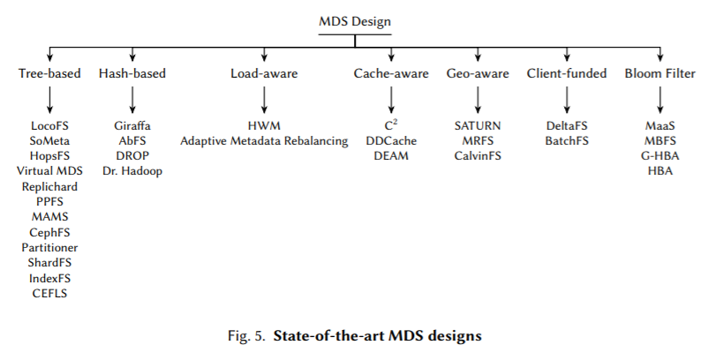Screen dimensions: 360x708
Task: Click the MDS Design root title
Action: pyautogui.click(x=354, y=20)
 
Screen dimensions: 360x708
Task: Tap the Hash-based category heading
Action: pyautogui.click(x=132, y=73)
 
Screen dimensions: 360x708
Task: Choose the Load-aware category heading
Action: pyautogui.click(x=263, y=73)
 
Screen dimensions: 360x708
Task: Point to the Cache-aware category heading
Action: pyautogui.click(x=389, y=73)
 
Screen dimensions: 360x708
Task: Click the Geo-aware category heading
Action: pyautogui.click(x=478, y=73)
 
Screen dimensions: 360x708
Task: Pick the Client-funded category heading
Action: pyautogui.click(x=567, y=73)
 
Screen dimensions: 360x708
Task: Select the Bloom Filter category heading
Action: pyautogui.click(x=660, y=73)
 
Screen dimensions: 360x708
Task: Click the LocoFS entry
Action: pyautogui.click(x=49, y=126)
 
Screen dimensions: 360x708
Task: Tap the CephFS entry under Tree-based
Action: pyautogui.click(x=49, y=232)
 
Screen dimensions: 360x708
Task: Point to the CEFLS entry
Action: pyautogui.click(x=49, y=292)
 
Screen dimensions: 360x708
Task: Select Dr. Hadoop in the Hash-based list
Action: pyautogui.click(x=132, y=171)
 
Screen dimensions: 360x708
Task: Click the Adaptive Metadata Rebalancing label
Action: pyautogui.click(x=264, y=141)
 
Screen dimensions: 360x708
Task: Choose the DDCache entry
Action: pyautogui.click(x=389, y=141)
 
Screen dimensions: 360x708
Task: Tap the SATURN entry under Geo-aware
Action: pyautogui.click(x=478, y=126)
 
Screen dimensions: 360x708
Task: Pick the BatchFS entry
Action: pyautogui.click(x=567, y=141)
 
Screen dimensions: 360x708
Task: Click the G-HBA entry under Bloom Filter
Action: pyautogui.click(x=660, y=156)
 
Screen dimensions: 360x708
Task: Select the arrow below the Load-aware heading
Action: pyautogui.click(x=263, y=97)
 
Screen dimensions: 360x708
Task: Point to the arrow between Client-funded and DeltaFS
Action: pyautogui.click(x=567, y=97)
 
